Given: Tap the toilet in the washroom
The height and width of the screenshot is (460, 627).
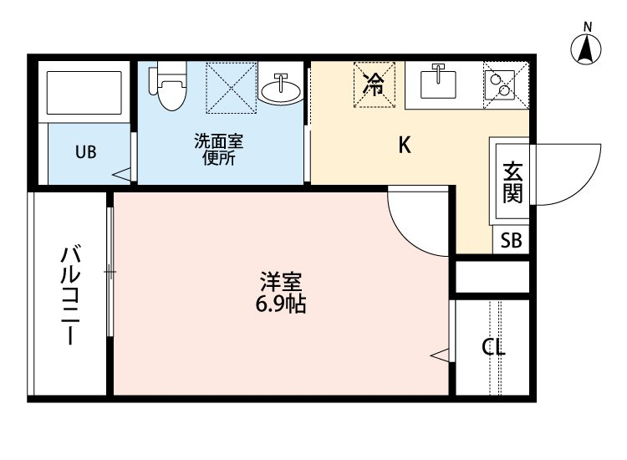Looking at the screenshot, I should click(168, 87).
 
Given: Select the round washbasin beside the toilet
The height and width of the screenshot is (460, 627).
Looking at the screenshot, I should click(281, 89).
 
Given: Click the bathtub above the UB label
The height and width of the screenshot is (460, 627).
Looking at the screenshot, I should click(84, 93).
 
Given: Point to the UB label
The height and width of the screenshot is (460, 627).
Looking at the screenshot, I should click(86, 152).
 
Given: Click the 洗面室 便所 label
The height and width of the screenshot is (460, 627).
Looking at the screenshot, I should click(215, 150).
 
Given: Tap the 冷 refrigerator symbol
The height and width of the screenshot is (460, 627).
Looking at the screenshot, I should click(375, 84).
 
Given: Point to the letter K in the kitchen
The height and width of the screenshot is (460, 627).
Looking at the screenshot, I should click(404, 146).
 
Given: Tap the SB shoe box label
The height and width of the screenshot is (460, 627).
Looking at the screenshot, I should click(511, 241).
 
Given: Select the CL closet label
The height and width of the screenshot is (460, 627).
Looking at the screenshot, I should click(493, 348).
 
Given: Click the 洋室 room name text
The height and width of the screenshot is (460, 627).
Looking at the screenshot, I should click(280, 282).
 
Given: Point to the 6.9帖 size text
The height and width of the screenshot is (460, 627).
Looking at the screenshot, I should click(280, 304).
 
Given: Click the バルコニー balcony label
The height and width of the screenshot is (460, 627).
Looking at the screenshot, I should click(70, 294).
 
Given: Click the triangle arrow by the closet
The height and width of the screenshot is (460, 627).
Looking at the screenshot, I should click(440, 355).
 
